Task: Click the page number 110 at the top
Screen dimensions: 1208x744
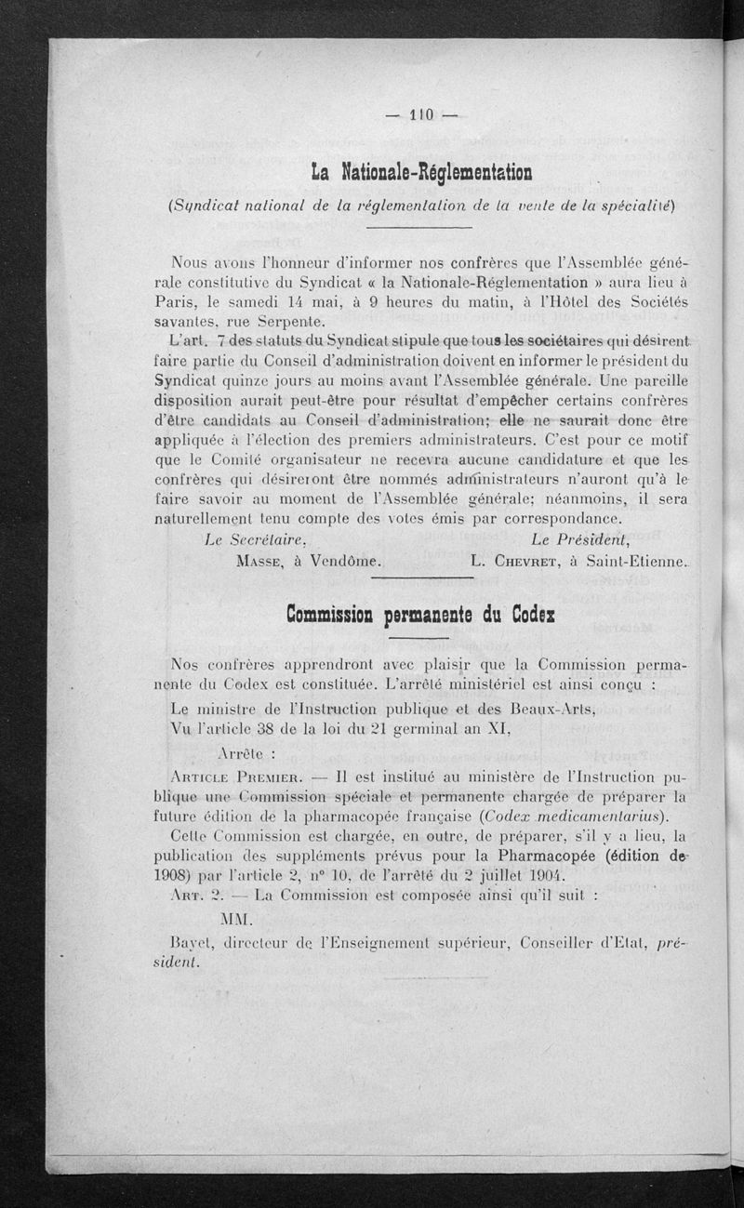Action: (422, 116)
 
